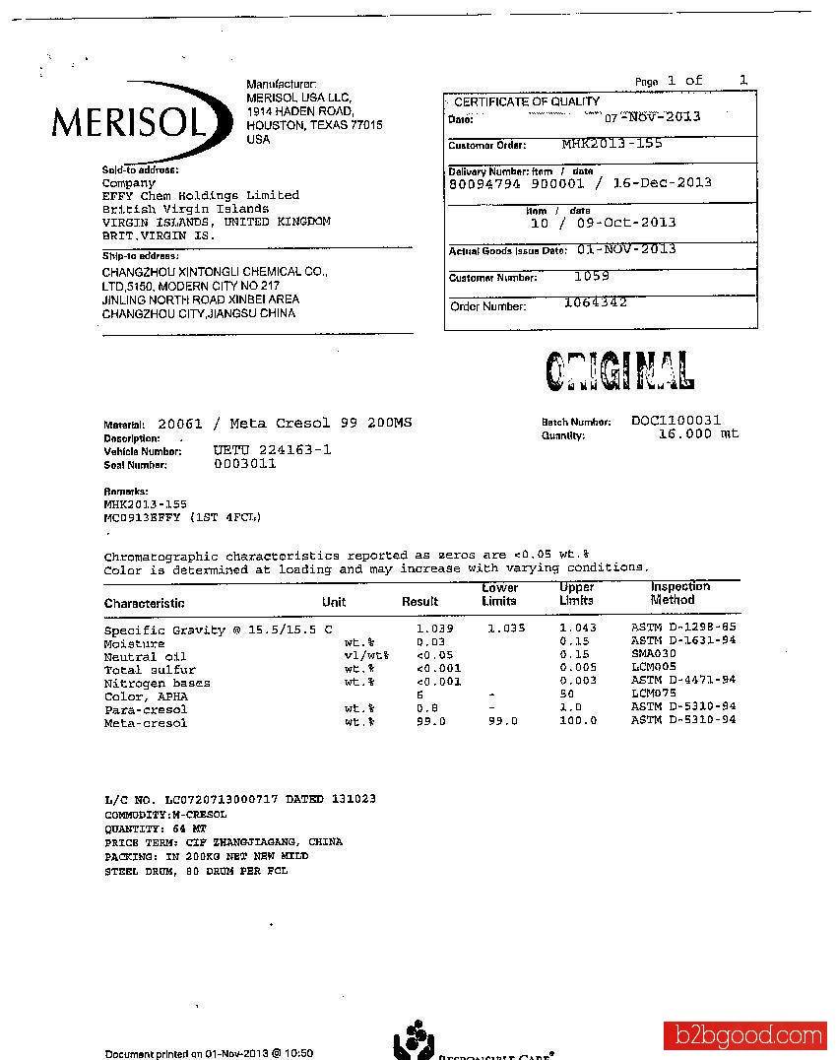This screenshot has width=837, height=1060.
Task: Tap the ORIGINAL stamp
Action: click(619, 370)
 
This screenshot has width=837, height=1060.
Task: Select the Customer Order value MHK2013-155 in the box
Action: click(612, 144)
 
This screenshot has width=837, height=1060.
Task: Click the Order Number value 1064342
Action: click(595, 302)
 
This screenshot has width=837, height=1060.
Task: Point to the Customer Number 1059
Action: click(592, 277)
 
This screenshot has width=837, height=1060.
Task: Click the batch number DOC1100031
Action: click(676, 421)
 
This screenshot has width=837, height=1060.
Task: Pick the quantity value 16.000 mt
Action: click(698, 433)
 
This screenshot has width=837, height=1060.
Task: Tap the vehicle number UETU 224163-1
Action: click(273, 450)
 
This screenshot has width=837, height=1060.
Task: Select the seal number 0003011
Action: click(245, 463)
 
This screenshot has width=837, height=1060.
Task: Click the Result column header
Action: click(419, 601)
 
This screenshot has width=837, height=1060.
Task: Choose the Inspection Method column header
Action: click(679, 593)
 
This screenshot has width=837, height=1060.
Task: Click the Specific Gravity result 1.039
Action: click(434, 628)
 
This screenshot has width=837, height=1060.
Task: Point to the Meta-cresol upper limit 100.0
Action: click(578, 721)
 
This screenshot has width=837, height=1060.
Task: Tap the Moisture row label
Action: click(135, 643)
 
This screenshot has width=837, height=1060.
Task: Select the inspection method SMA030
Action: click(653, 653)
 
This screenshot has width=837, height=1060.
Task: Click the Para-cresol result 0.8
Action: click(427, 708)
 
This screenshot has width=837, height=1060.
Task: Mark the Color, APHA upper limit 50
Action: click(567, 696)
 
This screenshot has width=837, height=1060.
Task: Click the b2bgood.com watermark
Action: click(744, 1036)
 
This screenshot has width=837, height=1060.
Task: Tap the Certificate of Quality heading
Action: click(527, 101)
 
